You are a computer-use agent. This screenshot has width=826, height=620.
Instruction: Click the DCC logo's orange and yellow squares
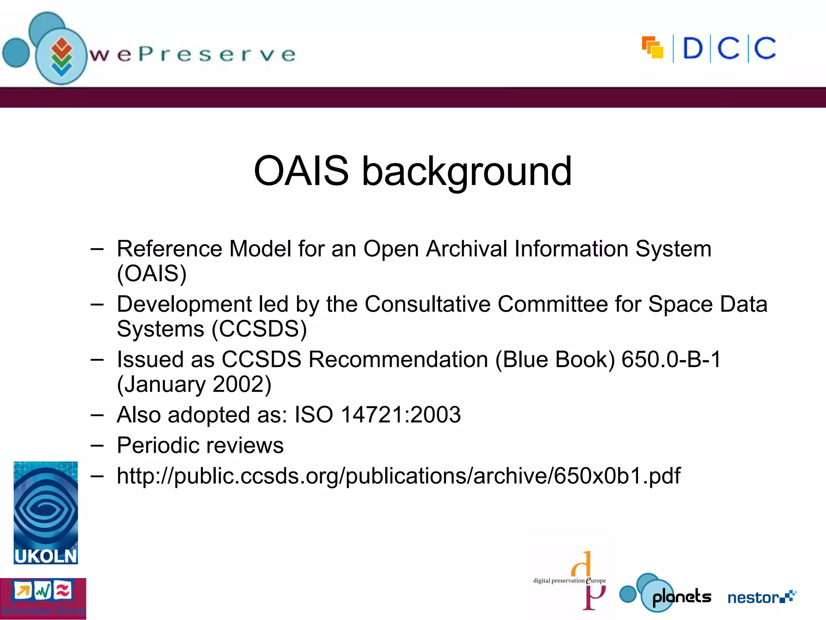click(x=652, y=48)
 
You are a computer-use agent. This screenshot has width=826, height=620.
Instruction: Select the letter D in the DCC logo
click(x=693, y=49)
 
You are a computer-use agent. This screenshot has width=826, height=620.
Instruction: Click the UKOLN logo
click(x=46, y=513)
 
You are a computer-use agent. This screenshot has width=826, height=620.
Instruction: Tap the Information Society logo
click(x=43, y=598)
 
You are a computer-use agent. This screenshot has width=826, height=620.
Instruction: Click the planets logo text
click(x=682, y=597)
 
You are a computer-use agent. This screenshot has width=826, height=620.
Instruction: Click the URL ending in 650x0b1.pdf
click(x=398, y=476)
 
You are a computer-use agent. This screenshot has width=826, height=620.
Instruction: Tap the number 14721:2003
click(x=400, y=415)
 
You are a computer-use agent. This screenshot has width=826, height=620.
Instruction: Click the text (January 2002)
click(x=194, y=384)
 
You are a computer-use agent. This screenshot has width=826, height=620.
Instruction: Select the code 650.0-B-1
click(x=671, y=359)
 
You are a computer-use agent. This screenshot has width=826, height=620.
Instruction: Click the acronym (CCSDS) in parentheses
click(x=259, y=329)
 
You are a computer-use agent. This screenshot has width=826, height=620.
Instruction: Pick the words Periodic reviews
click(x=200, y=445)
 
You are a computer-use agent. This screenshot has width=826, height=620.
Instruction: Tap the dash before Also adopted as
click(x=97, y=415)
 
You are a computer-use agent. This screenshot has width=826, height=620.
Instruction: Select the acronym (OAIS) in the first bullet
click(x=152, y=274)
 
